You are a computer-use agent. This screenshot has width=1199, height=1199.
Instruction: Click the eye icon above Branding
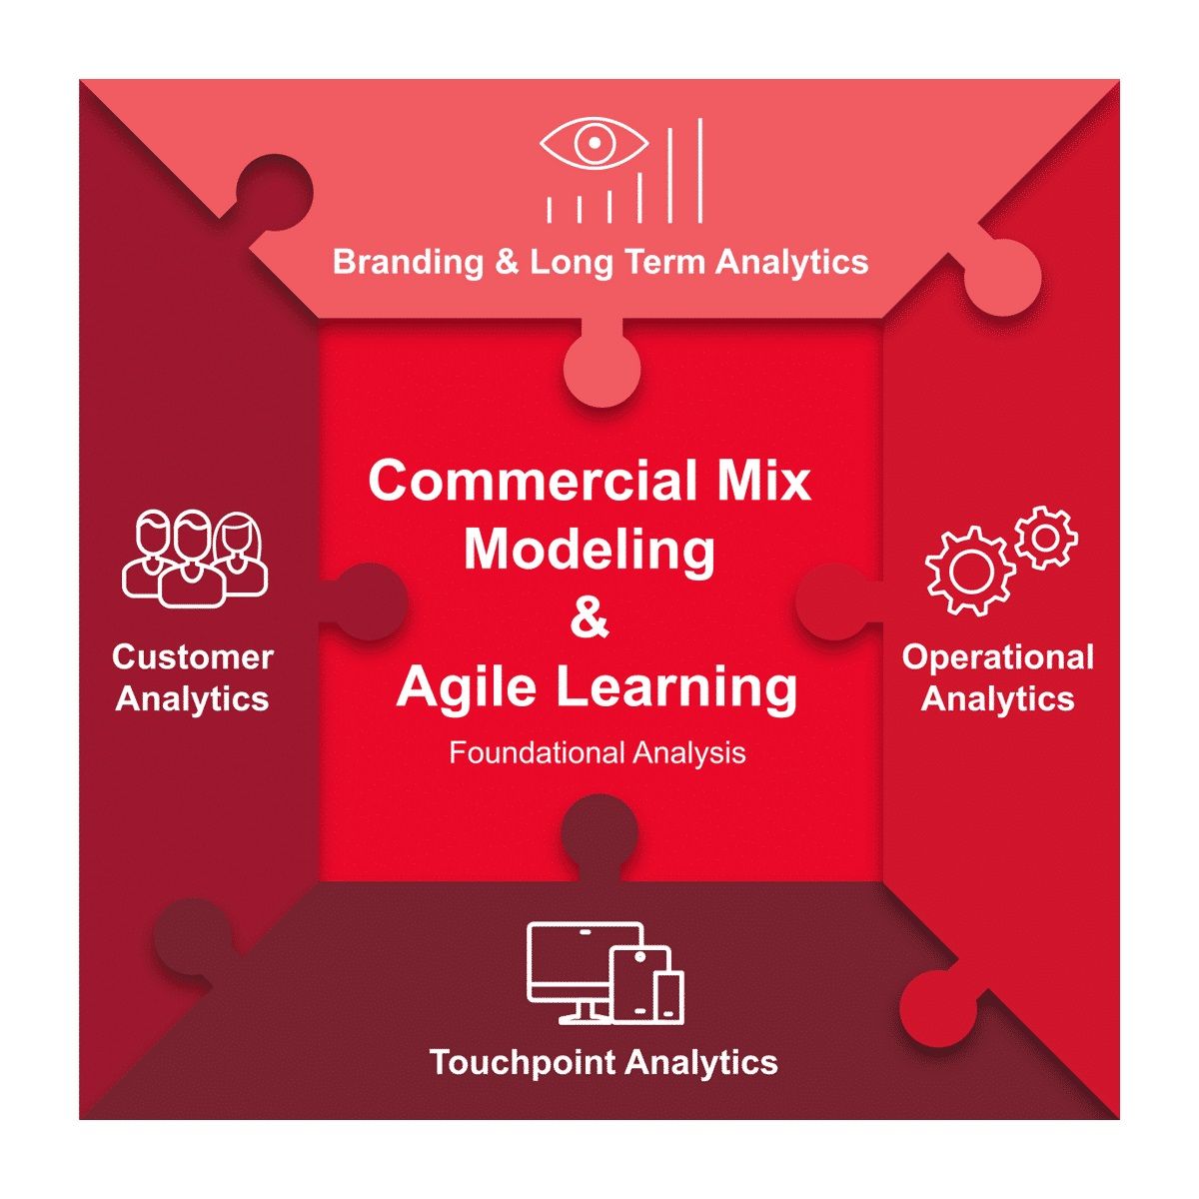coord(594,143)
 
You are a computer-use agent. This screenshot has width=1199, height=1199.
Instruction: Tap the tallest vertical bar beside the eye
coord(700,170)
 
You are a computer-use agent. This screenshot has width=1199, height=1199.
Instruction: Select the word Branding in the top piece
coord(408,262)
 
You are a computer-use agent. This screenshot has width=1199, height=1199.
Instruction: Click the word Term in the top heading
coord(665,261)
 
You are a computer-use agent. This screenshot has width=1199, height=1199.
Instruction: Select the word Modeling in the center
coord(590,550)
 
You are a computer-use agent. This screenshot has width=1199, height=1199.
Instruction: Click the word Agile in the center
coord(466,686)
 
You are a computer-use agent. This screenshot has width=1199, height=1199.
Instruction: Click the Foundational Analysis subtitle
coord(598,753)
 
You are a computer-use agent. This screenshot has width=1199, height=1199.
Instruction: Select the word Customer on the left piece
coord(193,657)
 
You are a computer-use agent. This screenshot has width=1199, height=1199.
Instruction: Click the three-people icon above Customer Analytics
coord(195,559)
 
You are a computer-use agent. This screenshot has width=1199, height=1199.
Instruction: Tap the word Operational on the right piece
coord(998,657)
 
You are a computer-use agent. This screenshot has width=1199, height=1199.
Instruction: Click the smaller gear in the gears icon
coord(1046,538)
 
